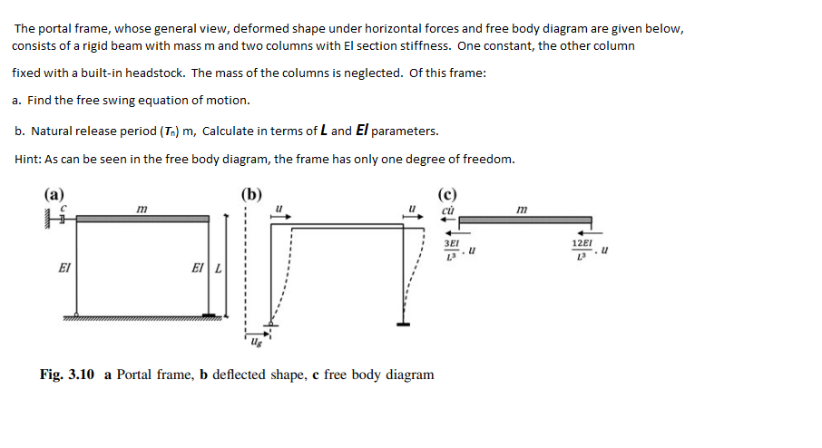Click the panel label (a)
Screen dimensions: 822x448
(x=53, y=193)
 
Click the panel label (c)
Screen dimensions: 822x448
(x=446, y=193)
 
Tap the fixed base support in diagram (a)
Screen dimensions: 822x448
(x=212, y=316)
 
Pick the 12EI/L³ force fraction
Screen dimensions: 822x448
(x=582, y=249)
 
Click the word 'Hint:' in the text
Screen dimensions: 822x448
(x=29, y=160)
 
